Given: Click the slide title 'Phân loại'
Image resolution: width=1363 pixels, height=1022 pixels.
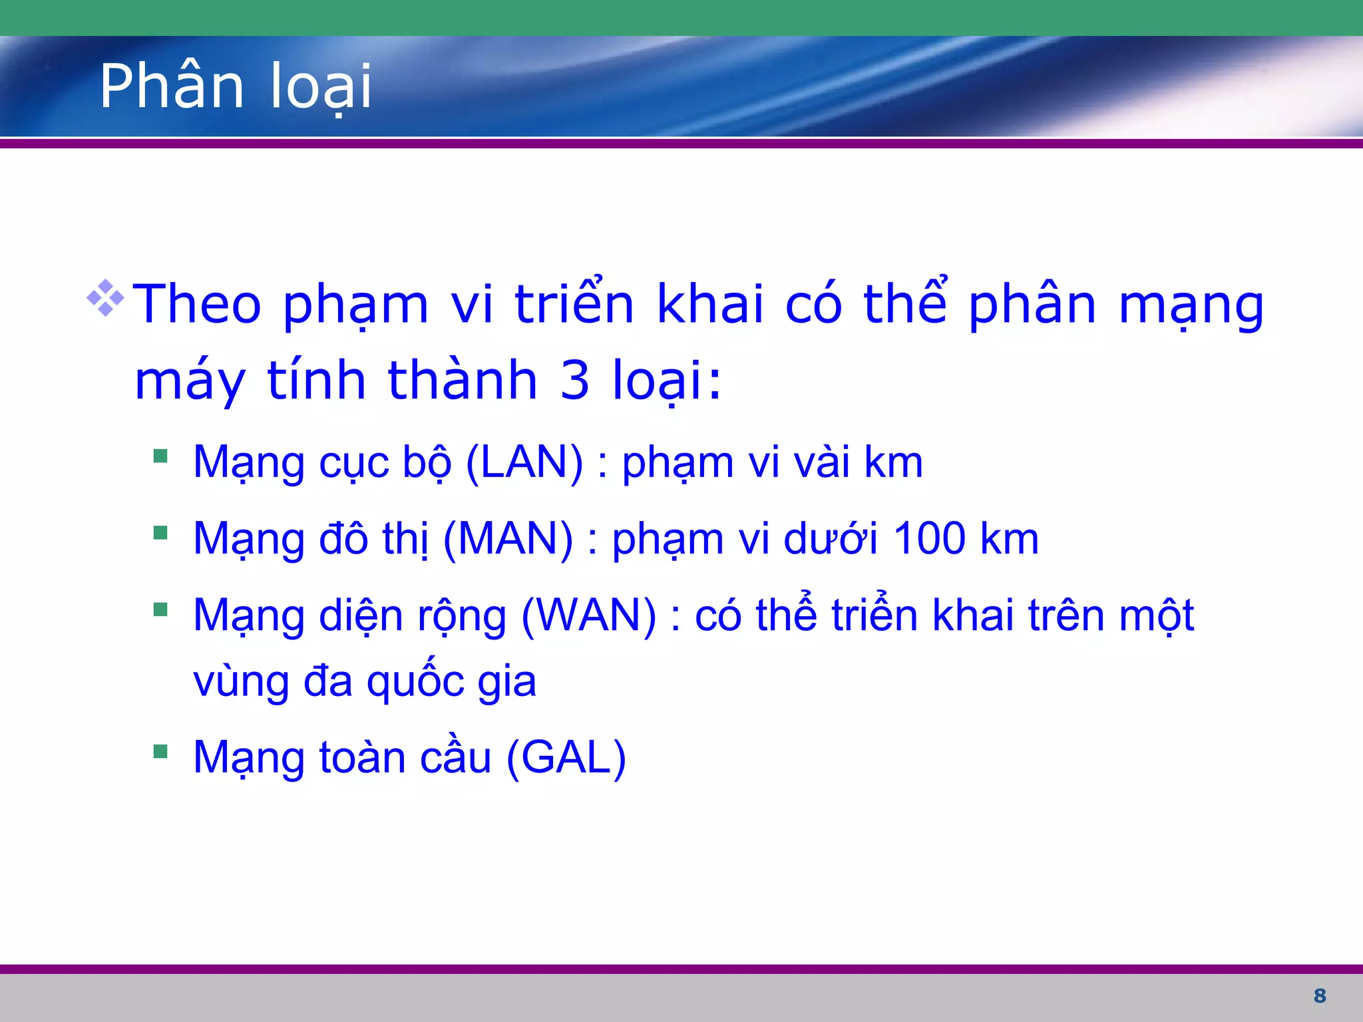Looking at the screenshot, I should coord(236,86).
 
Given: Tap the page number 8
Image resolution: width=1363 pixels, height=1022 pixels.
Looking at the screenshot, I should coord(1320,995).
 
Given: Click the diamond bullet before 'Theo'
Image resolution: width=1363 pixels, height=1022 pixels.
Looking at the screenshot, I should coord(105,297).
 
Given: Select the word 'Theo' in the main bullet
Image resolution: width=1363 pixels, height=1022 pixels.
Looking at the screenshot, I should coord(198,304).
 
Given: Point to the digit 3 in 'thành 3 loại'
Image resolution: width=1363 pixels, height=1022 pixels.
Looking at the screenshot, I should coord(575,380).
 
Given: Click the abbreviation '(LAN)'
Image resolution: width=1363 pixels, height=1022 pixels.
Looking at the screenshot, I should coord(524,462).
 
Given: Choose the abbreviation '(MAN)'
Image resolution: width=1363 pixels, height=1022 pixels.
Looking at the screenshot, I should coord(508,538).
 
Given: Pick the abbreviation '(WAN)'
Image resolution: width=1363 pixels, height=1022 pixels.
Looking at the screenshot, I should coord(589,615).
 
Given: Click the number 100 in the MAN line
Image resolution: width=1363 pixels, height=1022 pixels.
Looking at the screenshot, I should coord(929,538).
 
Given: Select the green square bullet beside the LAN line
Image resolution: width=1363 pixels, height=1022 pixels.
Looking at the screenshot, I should coord(160,456).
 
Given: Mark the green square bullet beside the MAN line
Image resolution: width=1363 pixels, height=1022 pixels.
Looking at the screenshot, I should coord(160,532).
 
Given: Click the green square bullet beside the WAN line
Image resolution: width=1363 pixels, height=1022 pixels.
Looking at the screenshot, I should coord(160,609).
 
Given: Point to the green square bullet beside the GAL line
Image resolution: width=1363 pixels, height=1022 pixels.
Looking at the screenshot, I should coord(160,752).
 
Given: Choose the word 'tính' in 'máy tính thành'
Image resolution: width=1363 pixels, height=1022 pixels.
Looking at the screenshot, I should coord(317,380).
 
